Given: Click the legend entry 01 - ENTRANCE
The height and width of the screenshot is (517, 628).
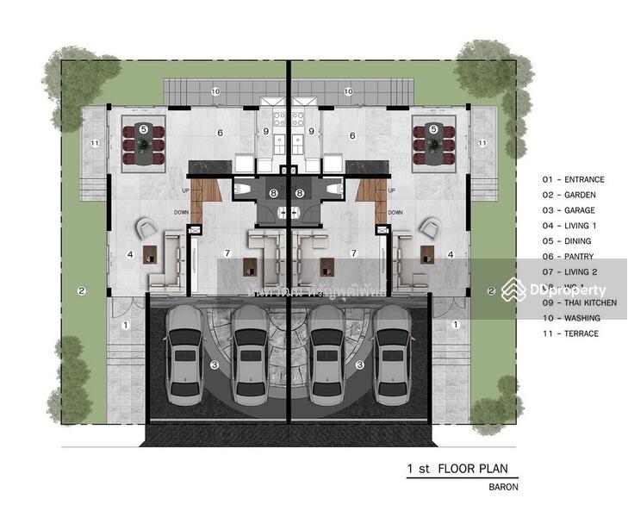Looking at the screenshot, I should (x=573, y=179).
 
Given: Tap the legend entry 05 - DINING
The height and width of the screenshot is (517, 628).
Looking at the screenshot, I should (x=568, y=241).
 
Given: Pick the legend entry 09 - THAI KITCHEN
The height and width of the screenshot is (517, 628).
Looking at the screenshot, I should (x=579, y=302).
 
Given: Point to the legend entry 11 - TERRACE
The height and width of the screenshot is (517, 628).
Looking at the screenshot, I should (x=569, y=333).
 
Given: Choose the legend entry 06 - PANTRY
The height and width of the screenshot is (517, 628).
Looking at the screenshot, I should (x=569, y=257).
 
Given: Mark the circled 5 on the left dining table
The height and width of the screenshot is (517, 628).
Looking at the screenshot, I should (x=144, y=129).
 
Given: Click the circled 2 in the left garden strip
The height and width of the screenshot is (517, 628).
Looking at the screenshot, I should (x=81, y=290).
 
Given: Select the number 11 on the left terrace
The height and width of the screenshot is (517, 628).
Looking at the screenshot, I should (x=95, y=142).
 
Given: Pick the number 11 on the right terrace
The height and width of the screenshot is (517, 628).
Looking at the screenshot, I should (x=482, y=142).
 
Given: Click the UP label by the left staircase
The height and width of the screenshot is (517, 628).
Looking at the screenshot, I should (x=185, y=190).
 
